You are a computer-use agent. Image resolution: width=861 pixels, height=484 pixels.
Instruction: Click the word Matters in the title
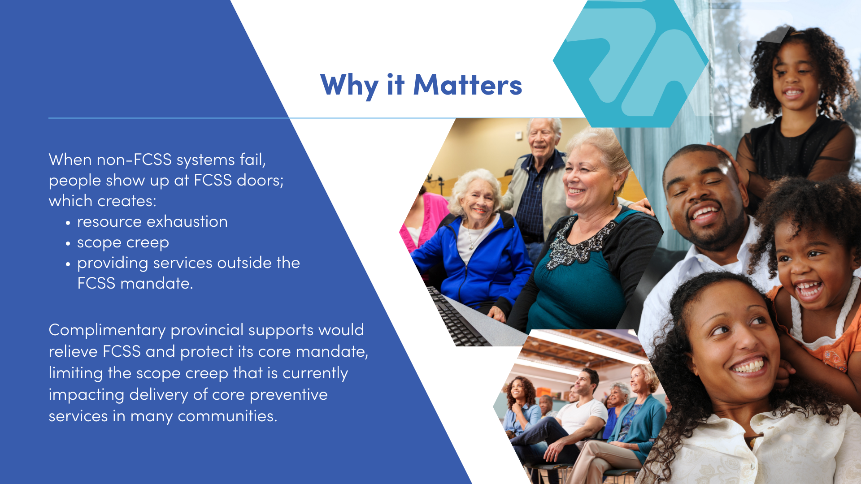click(468, 85)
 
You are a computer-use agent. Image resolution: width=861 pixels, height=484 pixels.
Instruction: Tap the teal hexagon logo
click(631, 63)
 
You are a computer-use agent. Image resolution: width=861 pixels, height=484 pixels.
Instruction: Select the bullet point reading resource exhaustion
click(152, 221)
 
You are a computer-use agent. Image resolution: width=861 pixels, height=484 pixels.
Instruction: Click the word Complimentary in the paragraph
click(107, 330)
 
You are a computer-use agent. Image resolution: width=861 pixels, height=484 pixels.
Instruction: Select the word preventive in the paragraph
click(288, 395)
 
